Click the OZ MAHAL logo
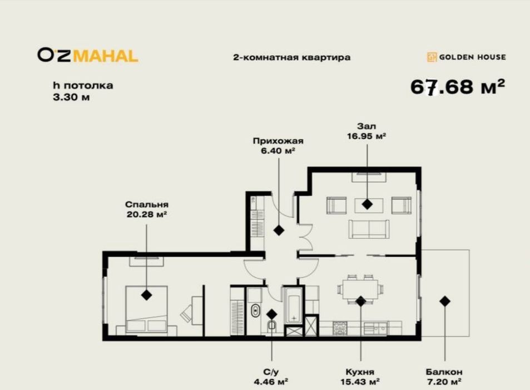tap(87, 56)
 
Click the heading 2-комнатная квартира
tap(292, 57)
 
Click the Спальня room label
tap(147, 204)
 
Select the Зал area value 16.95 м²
tap(367, 135)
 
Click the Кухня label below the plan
tap(360, 372)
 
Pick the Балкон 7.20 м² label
tap(444, 376)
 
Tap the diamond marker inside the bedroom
tap(146, 295)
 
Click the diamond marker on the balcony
tap(444, 301)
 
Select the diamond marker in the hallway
tap(278, 230)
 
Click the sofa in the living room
tap(368, 228)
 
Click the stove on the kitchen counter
tap(340, 329)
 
